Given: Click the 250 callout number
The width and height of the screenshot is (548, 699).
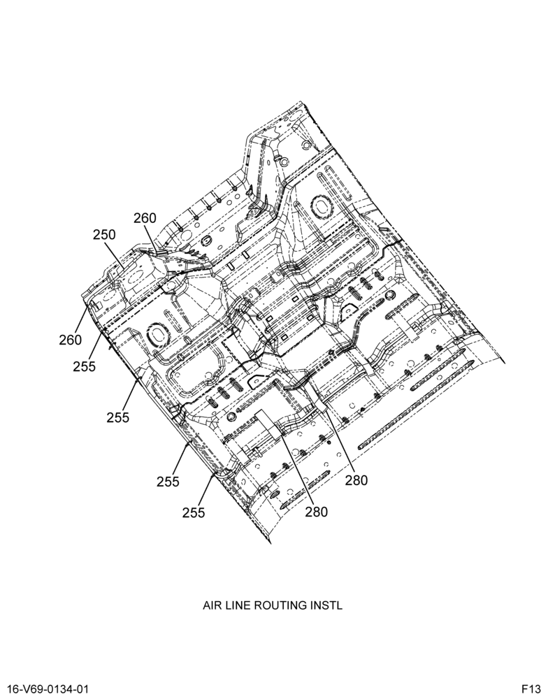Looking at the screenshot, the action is pos(104,234).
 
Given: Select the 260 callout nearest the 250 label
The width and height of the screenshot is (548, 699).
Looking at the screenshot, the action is pos(145,218).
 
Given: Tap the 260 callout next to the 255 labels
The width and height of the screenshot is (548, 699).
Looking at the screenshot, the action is pos(71,340).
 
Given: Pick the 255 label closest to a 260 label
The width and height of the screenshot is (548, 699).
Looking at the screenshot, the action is pos(85,366).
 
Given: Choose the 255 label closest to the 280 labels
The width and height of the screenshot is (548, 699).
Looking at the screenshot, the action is pos(194,513).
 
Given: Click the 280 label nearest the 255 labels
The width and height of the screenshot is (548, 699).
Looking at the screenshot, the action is pos(316,512).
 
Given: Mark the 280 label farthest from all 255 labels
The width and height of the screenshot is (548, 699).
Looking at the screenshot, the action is pos(356,481).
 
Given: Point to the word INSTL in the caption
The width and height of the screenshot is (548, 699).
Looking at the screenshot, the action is pos(330,605).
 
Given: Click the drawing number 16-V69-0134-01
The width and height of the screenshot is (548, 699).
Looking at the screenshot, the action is pos(45,689).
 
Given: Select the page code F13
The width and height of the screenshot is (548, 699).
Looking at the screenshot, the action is pos(531,689).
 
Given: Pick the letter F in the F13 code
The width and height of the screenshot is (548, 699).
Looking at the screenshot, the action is pos(526,689).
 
